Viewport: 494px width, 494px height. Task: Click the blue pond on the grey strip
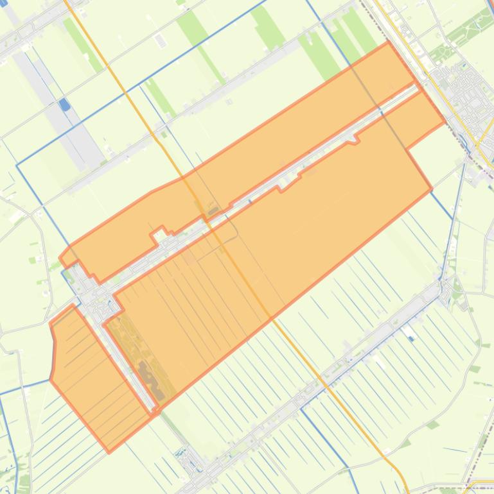click(64, 103)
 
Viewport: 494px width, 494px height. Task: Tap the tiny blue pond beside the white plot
click(411, 338)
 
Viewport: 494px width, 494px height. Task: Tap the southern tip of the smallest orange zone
click(109, 452)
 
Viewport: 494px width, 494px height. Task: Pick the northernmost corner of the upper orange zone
click(388, 42)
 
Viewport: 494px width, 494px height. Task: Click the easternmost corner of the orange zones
click(445, 122)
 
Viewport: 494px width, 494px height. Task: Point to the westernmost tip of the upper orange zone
click(60, 259)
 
